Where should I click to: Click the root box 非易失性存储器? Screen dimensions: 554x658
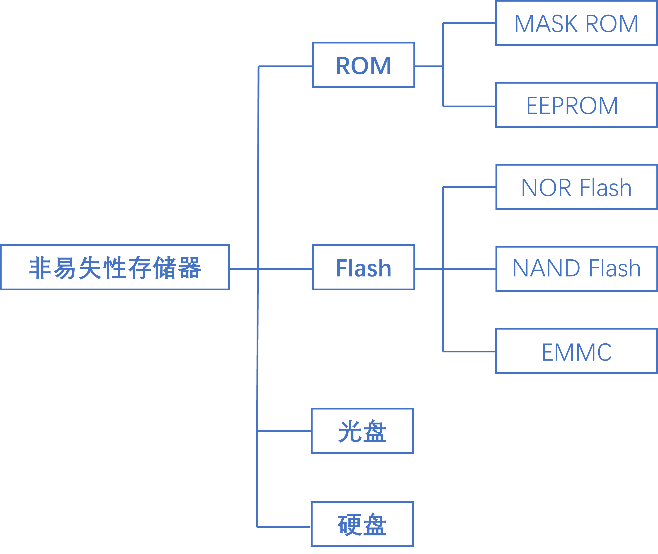point(115,267)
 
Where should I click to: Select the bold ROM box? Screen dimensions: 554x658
point(364,65)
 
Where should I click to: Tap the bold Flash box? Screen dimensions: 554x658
point(364,267)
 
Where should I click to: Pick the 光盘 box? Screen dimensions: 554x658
point(362,431)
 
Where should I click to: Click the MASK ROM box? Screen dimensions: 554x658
point(576,23)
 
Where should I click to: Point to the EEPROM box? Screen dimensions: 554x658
point(576,105)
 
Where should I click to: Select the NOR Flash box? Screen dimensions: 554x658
point(576,187)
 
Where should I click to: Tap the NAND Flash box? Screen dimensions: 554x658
point(576,269)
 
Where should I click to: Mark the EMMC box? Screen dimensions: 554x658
point(576,351)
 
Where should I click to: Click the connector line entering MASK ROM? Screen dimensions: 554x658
point(469,23)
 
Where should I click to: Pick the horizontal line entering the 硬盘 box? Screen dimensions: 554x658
point(284,527)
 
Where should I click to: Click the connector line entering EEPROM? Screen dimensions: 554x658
point(469,106)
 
